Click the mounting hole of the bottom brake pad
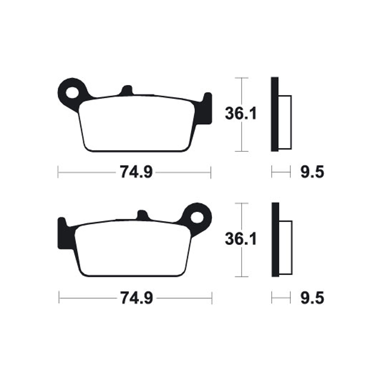coord(197,217)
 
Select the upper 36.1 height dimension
coord(241,114)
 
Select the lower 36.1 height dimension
coord(241,239)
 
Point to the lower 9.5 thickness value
coord(313,298)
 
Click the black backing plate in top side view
coord(274,115)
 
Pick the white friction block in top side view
coord(284,122)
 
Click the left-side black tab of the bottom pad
coord(63,234)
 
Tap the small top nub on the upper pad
coord(126,90)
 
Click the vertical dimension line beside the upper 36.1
coord(243,138)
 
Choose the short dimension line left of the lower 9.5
coord(281,298)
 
